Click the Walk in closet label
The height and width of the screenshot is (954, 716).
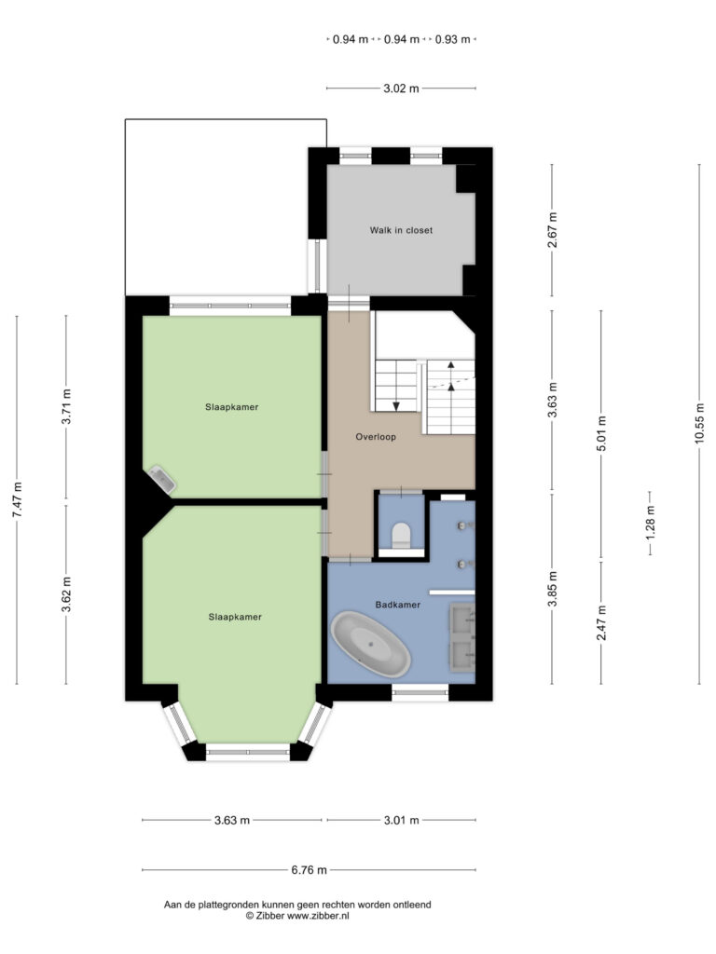(401, 231)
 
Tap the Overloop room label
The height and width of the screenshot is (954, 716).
(376, 437)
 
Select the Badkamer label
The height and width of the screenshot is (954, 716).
(397, 605)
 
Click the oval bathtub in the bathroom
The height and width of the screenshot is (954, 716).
(371, 645)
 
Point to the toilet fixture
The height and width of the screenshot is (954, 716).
(401, 536)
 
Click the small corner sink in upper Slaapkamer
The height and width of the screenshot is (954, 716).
(162, 480)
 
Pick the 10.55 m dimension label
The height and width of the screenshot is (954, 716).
(699, 424)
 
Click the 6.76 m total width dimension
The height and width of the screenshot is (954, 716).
(309, 870)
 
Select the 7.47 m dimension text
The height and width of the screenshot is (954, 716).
(17, 500)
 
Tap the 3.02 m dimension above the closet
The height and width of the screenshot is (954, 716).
(401, 89)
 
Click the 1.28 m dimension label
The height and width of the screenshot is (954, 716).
(650, 523)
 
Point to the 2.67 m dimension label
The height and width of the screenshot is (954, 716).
(552, 230)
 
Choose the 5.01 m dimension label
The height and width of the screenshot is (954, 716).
(601, 433)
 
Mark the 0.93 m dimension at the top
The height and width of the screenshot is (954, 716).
(452, 39)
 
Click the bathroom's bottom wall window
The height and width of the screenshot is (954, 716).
(420, 692)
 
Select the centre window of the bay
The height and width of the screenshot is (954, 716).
(248, 752)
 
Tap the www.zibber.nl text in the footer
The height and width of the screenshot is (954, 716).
(318, 916)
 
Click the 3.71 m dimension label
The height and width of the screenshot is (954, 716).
(66, 406)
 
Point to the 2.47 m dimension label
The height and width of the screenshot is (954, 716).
(601, 623)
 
